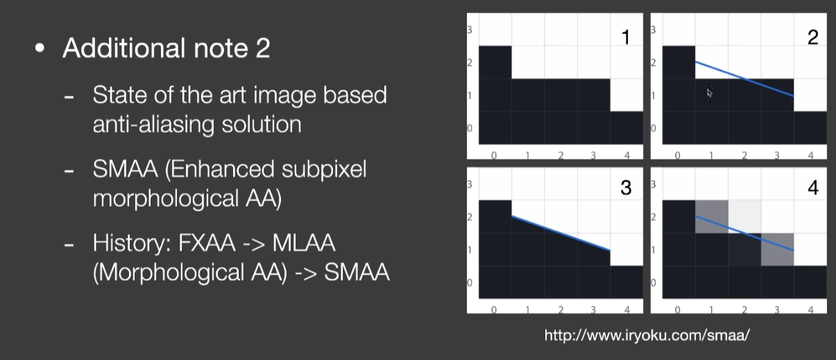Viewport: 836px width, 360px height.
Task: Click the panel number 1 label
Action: point(626,37)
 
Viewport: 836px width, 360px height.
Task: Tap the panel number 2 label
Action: point(812,37)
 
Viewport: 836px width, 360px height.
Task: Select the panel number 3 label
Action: point(626,188)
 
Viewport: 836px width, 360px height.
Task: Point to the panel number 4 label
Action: point(813,188)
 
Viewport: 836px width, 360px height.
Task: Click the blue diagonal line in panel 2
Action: point(744,79)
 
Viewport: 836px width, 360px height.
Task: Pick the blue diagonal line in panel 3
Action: point(561,233)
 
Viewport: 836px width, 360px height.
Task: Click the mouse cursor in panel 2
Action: point(710,93)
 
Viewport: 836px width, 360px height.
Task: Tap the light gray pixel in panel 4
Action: point(744,216)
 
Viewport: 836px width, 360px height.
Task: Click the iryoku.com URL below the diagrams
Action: point(647,336)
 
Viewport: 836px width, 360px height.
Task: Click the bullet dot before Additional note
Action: point(40,48)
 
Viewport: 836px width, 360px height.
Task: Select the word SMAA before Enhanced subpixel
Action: point(125,169)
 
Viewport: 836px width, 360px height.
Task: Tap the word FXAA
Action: point(206,243)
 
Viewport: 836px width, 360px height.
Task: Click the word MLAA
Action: point(303,243)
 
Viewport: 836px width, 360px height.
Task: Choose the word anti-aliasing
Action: point(153,125)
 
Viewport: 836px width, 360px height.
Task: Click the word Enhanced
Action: point(220,170)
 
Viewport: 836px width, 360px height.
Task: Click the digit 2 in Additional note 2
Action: point(263,49)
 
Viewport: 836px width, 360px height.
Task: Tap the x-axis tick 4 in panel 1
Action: point(626,155)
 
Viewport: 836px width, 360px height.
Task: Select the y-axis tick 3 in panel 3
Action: point(470,185)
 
